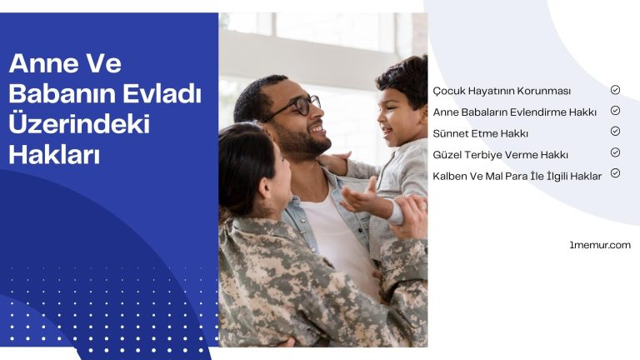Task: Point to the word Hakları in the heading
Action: pos(53,154)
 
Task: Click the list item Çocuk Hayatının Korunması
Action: pos(502,90)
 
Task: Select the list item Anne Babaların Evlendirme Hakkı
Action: pos(514,112)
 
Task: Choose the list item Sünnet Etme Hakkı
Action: pos(481,133)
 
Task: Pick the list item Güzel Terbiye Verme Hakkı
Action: pos(500,155)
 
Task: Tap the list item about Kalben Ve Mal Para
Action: pos(517,176)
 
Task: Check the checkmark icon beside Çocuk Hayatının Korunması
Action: pos(615,89)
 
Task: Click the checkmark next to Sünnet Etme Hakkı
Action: pos(615,132)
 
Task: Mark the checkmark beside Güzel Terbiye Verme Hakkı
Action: pos(615,152)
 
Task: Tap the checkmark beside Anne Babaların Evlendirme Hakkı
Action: pos(615,110)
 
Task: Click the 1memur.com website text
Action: pos(599,245)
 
